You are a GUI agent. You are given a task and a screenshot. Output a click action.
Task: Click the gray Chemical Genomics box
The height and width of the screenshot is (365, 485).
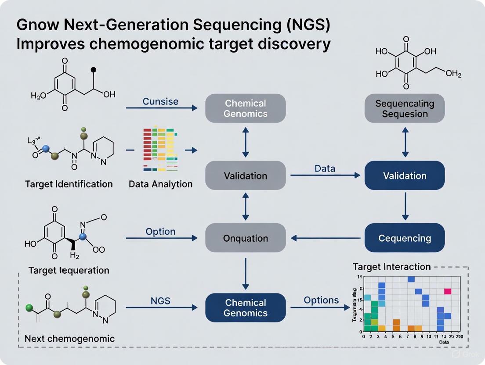(246, 108)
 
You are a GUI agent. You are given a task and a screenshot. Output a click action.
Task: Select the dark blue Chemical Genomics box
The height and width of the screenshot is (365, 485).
(246, 308)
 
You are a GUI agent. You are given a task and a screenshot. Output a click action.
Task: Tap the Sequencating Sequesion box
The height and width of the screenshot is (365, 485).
(405, 108)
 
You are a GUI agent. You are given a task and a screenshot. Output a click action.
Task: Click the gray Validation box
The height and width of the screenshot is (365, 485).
(246, 175)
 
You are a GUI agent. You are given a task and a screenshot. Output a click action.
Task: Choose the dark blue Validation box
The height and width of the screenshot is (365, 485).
(405, 175)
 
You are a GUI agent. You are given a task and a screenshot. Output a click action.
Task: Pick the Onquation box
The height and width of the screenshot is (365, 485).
(246, 238)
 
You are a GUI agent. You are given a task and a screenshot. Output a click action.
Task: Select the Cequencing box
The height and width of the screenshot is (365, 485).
(405, 238)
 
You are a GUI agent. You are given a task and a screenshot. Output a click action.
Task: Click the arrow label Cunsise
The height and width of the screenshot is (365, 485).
(160, 101)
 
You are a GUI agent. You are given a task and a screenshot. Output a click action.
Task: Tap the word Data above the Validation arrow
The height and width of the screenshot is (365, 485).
(325, 168)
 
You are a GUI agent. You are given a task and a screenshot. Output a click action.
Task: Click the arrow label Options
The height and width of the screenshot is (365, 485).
(321, 300)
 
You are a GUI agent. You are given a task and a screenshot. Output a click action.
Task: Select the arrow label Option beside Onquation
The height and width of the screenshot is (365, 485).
(160, 231)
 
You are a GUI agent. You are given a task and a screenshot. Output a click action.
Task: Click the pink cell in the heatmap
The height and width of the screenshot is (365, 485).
(448, 291)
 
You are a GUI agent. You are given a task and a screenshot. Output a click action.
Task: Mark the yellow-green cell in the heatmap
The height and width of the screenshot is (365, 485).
(374, 322)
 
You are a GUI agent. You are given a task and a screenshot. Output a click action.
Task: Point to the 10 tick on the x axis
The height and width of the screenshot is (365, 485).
(429, 336)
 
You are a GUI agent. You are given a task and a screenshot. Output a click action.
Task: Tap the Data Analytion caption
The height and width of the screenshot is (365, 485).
(160, 184)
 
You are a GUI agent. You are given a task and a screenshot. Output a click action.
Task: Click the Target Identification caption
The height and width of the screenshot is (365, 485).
(69, 184)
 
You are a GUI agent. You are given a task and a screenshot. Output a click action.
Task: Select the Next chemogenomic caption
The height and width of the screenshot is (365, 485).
(70, 338)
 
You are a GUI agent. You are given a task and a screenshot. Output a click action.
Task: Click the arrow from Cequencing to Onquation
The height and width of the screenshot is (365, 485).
(327, 238)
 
